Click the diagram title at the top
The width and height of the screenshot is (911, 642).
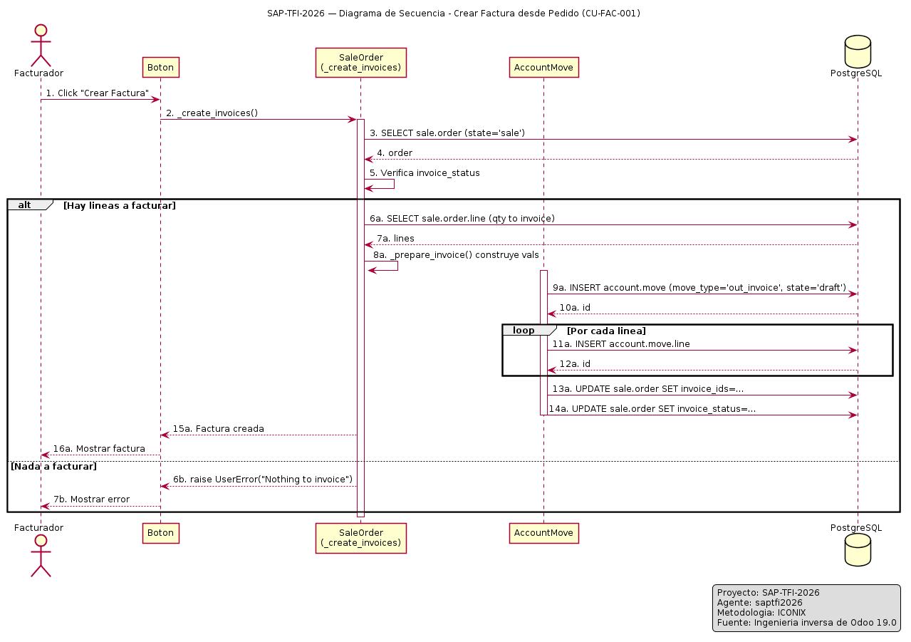point(454,14)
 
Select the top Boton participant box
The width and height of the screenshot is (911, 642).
point(161,68)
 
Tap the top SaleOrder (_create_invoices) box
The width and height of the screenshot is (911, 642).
point(360,63)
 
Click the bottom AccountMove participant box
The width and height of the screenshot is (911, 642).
point(543,534)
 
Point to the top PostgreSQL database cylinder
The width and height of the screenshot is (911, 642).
point(858,52)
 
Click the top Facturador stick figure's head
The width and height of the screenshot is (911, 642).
point(41,31)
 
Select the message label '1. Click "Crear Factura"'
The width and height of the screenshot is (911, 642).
point(97,93)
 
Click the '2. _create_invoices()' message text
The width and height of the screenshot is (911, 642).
point(212,113)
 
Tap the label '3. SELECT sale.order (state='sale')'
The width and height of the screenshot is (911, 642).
point(447,133)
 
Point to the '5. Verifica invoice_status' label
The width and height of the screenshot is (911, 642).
point(425,173)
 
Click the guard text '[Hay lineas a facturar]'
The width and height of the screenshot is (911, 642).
point(120,205)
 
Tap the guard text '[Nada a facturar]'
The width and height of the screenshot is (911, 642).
point(53,466)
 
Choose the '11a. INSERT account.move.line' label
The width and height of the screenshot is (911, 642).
point(621,344)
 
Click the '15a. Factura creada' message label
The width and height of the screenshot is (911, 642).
point(219,429)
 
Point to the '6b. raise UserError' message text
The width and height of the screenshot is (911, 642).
point(263,480)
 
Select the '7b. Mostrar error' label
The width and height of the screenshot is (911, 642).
point(91,499)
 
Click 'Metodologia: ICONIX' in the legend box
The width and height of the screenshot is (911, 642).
point(761,613)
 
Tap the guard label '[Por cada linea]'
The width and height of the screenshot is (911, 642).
point(606,331)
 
